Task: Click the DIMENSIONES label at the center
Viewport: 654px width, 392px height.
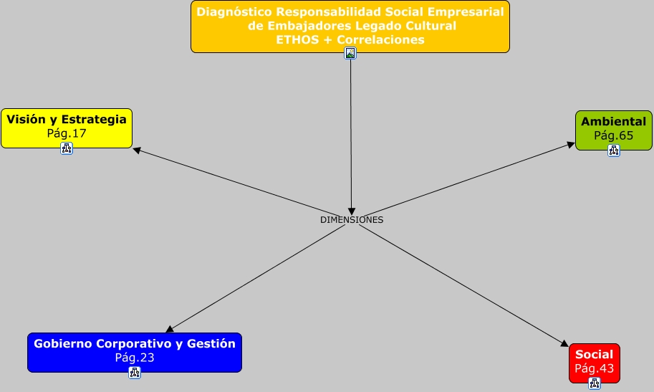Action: tap(352, 220)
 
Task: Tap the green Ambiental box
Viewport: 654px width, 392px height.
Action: tap(613, 128)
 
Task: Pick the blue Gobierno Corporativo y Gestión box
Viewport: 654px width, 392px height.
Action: tap(135, 351)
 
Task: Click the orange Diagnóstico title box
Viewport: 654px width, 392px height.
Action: tap(350, 26)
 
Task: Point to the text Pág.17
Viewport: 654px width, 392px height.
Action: tap(67, 133)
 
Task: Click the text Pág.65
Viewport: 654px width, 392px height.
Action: tap(613, 135)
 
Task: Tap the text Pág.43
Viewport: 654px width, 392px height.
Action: tap(594, 368)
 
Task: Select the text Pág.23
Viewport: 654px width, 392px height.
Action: tap(135, 358)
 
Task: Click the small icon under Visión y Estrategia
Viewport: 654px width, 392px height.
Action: tap(67, 148)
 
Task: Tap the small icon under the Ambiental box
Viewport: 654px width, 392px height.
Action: tap(614, 150)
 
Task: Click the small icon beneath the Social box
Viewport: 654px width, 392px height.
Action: tap(595, 383)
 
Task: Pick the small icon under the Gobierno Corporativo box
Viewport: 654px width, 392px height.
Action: tap(135, 373)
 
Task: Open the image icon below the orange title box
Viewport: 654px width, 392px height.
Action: tap(350, 53)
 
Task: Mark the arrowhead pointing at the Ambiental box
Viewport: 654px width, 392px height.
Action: tap(571, 144)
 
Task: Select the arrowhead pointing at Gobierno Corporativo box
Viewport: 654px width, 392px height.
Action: tap(170, 330)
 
